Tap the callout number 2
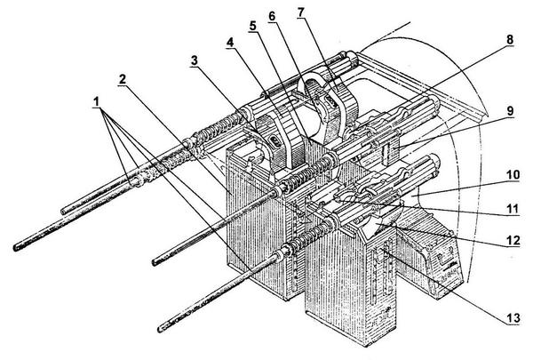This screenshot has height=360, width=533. [x=123, y=79]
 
